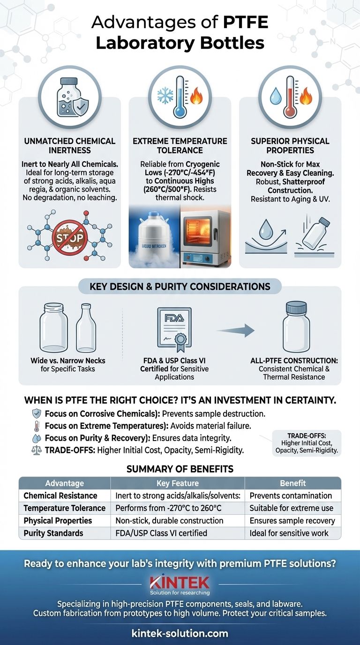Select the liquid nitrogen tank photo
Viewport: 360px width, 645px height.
(154, 239)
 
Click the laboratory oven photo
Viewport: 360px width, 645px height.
(205, 239)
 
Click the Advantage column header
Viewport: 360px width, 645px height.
(65, 483)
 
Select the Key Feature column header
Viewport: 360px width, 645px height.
(177, 483)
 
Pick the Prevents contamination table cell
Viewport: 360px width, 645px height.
(291, 495)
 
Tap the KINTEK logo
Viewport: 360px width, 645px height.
(180, 583)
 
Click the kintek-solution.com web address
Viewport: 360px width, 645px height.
(180, 633)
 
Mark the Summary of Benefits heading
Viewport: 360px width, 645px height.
(180, 468)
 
